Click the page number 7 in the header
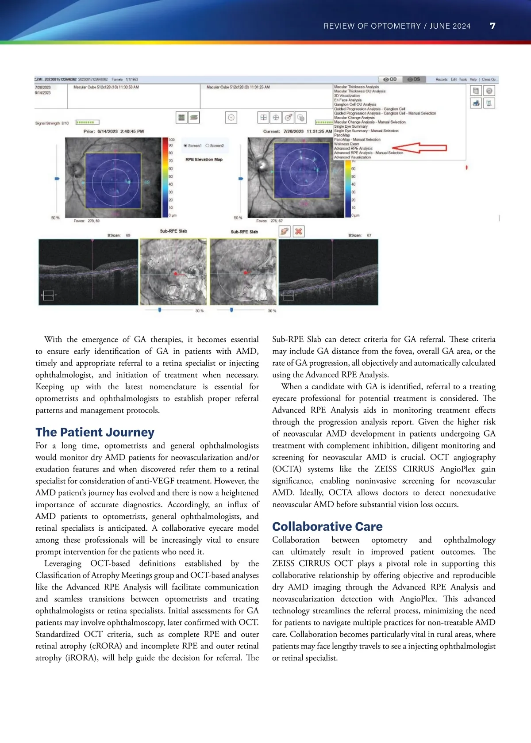(x=493, y=26)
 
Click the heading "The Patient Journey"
(x=95, y=432)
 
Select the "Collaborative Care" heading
(x=327, y=526)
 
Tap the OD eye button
(x=390, y=80)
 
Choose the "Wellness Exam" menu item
(x=346, y=144)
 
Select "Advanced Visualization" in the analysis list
(x=352, y=157)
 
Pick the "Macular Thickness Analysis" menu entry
(x=356, y=87)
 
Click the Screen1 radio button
(x=185, y=146)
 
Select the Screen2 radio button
(x=208, y=146)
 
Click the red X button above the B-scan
(x=299, y=231)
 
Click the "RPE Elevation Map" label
(x=204, y=159)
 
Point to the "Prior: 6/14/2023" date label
(x=113, y=131)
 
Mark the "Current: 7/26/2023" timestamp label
(x=297, y=131)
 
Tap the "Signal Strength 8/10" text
(x=52, y=123)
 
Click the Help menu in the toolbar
(x=473, y=80)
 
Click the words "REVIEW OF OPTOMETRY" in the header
(x=372, y=26)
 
